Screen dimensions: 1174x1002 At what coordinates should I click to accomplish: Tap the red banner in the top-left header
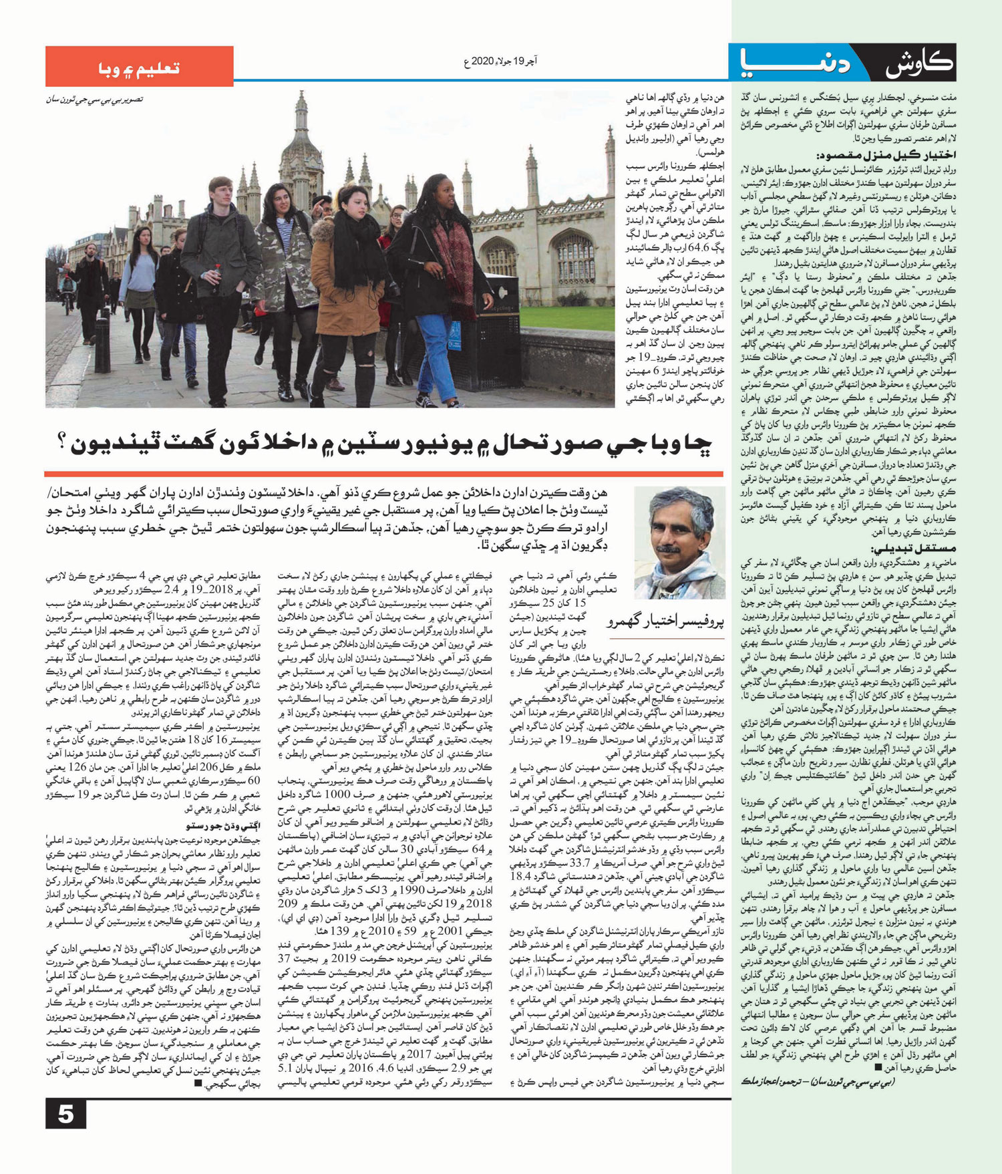click(139, 67)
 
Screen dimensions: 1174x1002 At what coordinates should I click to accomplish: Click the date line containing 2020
click(500, 61)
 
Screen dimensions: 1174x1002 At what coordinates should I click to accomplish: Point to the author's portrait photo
click(679, 542)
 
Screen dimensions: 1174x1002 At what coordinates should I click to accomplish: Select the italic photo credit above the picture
click(94, 100)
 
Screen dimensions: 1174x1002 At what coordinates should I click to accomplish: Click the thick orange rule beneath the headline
click(383, 474)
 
